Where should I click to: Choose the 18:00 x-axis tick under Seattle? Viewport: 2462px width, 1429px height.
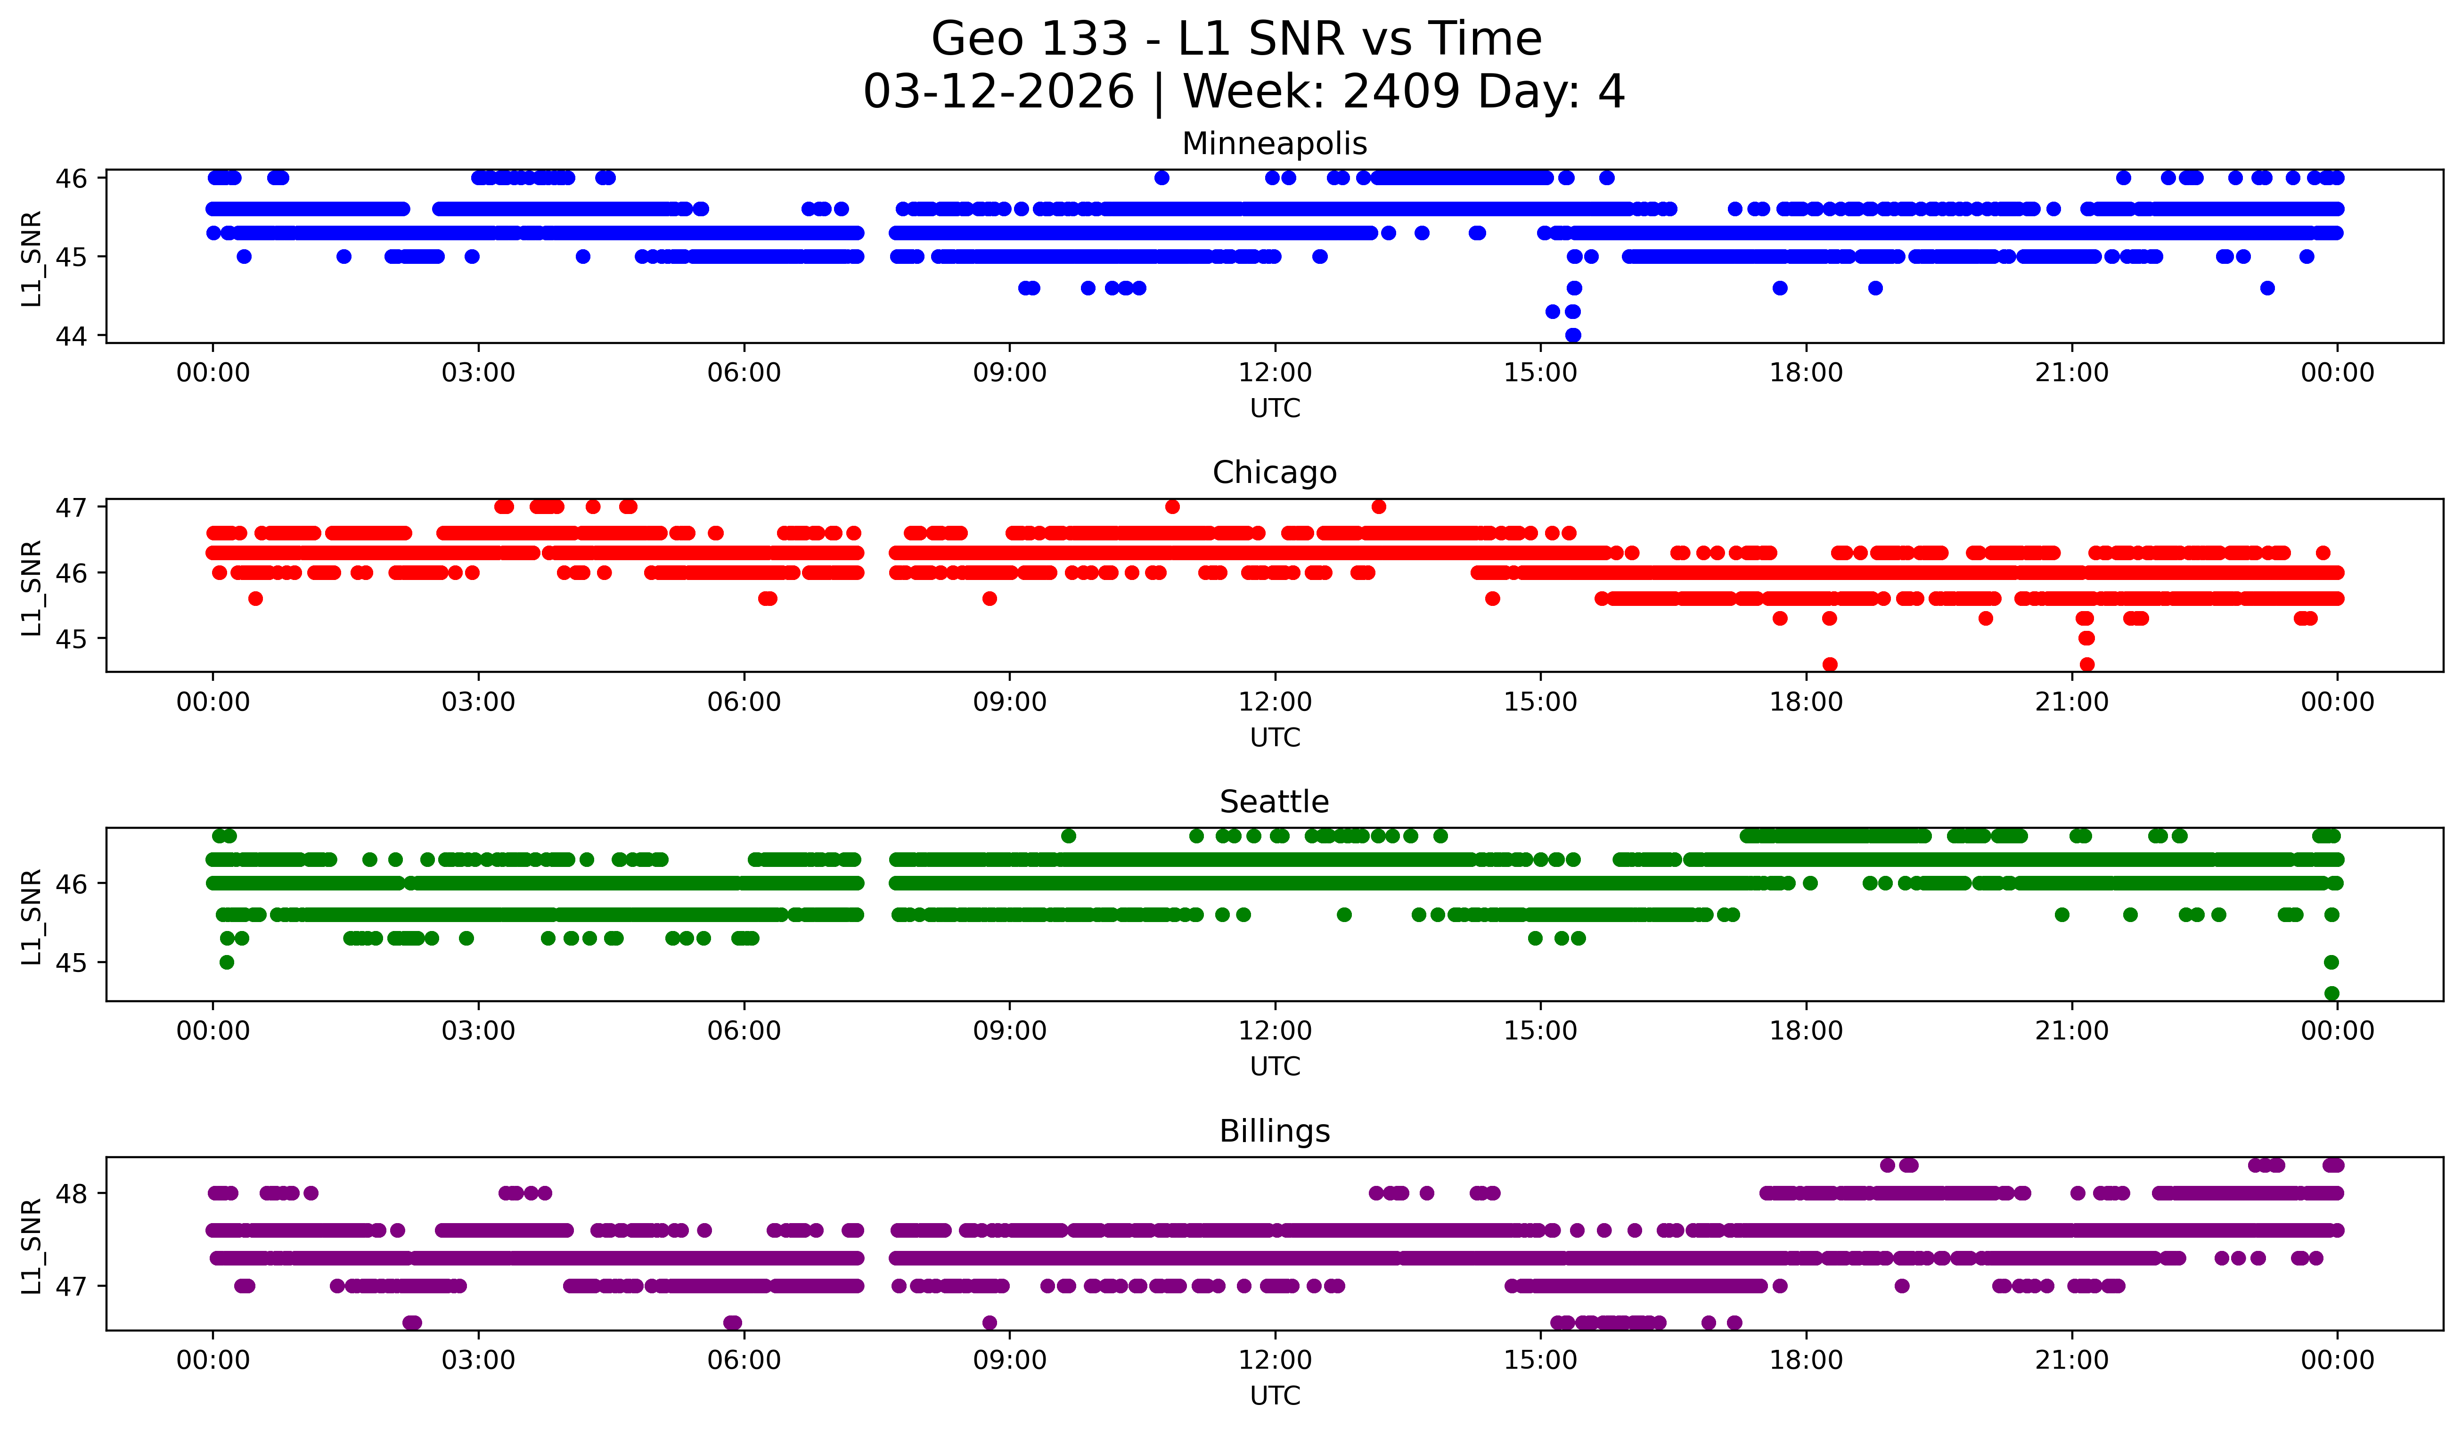(x=1806, y=1031)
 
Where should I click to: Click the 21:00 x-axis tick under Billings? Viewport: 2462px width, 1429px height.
(x=2071, y=1361)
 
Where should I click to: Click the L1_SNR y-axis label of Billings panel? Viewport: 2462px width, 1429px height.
(x=31, y=1246)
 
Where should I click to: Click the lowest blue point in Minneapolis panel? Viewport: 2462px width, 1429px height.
(x=1573, y=335)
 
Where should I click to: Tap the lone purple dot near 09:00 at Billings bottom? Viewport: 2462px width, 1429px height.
(x=990, y=1323)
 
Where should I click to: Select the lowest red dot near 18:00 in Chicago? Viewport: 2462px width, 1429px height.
(x=1830, y=664)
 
